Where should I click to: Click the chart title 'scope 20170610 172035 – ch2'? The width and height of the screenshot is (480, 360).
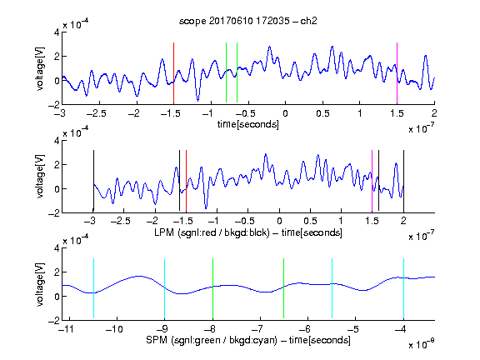(x=247, y=21)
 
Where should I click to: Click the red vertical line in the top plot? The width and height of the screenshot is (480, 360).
(x=173, y=73)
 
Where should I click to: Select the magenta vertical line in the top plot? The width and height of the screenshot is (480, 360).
(x=397, y=73)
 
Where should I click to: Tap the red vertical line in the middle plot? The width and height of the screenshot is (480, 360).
(x=186, y=181)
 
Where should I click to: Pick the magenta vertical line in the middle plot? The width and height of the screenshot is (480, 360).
(x=372, y=181)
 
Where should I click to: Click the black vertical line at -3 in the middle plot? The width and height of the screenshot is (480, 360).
(x=93, y=181)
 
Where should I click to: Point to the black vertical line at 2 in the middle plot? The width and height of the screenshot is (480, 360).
(x=403, y=181)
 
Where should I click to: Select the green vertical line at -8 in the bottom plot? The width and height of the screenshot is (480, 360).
(x=212, y=288)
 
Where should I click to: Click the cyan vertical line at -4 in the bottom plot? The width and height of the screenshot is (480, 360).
(x=403, y=288)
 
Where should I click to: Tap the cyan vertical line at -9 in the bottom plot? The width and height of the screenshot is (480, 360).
(x=165, y=288)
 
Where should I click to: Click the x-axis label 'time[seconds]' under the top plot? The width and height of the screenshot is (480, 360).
(x=248, y=124)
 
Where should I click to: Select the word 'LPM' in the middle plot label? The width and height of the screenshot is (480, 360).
(x=164, y=232)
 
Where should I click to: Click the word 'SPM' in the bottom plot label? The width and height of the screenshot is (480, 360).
(x=157, y=340)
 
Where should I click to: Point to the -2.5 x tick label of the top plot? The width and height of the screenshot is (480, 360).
(x=96, y=113)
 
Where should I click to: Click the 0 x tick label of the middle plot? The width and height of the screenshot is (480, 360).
(x=279, y=221)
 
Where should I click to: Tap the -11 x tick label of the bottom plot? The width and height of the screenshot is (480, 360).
(x=66, y=329)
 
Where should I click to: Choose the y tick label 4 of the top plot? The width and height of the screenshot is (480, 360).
(x=57, y=32)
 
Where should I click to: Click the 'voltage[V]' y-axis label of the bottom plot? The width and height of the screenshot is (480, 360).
(x=40, y=284)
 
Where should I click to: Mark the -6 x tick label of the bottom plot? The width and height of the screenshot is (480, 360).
(x=304, y=329)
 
